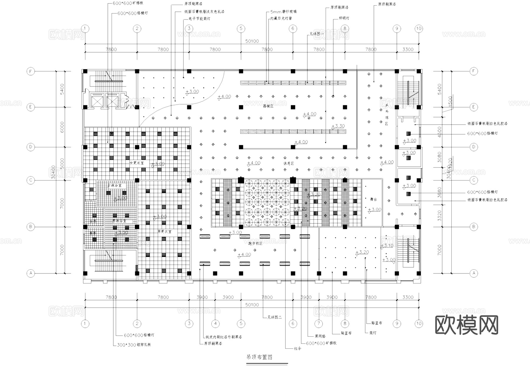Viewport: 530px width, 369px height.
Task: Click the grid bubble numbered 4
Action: pyautogui.click(x=215, y=323)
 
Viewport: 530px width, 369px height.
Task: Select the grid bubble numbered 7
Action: pyautogui.click(x=319, y=323)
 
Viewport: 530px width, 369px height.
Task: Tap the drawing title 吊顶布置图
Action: pyautogui.click(x=259, y=357)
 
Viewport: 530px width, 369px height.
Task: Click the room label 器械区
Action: pyautogui.click(x=268, y=106)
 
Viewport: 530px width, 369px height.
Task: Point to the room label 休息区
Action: pyautogui.click(x=289, y=163)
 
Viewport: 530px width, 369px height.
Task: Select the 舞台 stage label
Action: pyautogui.click(x=373, y=199)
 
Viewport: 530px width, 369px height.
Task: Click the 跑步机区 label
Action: pyautogui.click(x=255, y=243)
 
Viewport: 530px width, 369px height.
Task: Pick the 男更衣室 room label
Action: pyautogui.click(x=164, y=231)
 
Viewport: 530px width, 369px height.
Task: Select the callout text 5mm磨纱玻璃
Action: pyautogui.click(x=283, y=12)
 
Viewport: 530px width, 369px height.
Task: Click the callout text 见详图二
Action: pyautogui.click(x=274, y=317)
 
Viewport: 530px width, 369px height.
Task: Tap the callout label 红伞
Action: pyautogui.click(x=298, y=348)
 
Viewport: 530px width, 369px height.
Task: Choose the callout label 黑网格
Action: pyautogui.click(x=320, y=336)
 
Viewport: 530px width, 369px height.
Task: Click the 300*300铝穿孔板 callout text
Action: pyautogui.click(x=134, y=345)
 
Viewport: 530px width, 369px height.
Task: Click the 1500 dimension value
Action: pyautogui.click(x=450, y=101)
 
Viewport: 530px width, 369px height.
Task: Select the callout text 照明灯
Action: pyautogui.click(x=344, y=18)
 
